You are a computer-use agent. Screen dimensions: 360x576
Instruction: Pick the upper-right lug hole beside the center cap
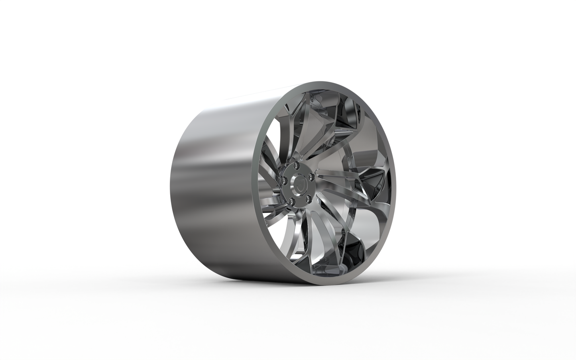pyautogui.click(x=309, y=174)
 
